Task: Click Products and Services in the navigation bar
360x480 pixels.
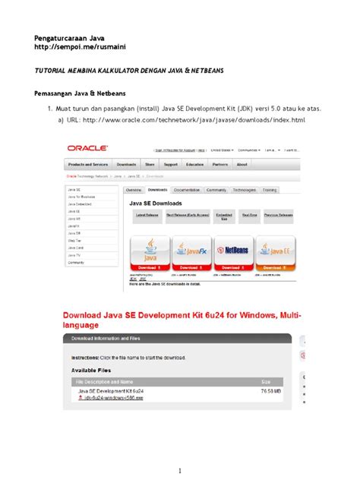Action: pos(88,164)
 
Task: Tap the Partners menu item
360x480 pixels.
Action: pos(220,164)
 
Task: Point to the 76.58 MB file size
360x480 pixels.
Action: pos(273,390)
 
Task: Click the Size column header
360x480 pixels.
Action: pos(266,381)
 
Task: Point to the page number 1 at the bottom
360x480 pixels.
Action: pos(181,469)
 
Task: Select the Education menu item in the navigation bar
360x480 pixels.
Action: pos(194,164)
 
